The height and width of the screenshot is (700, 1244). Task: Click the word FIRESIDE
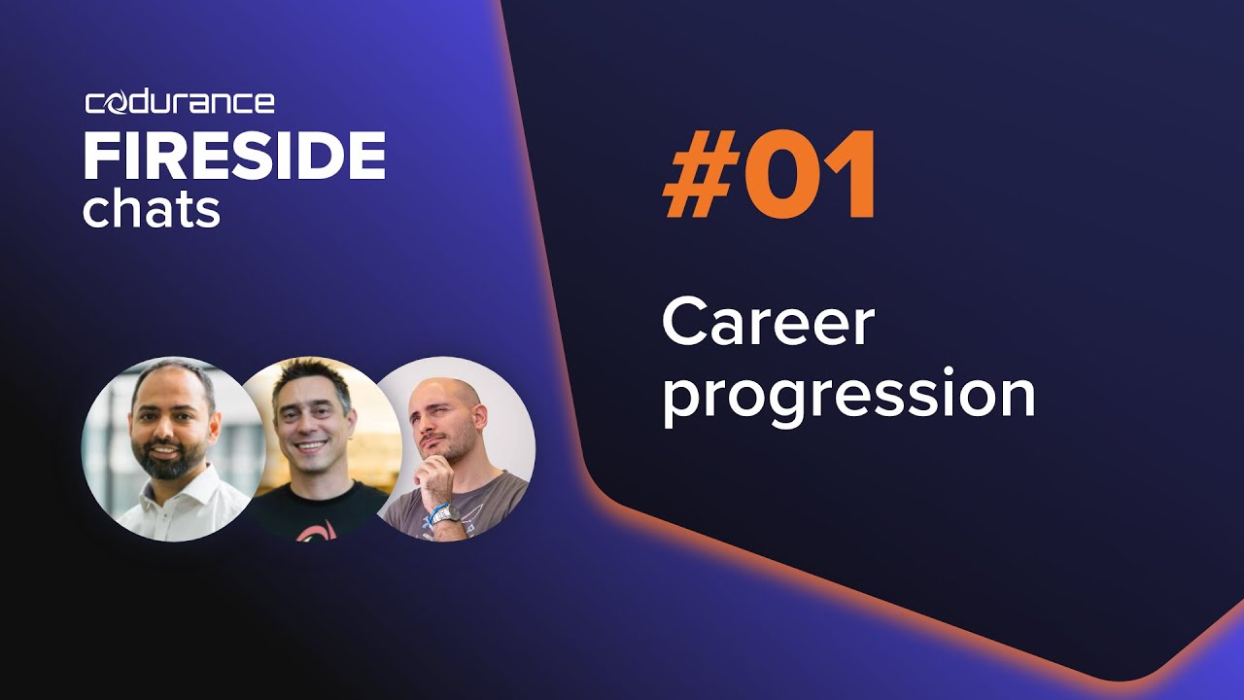point(234,156)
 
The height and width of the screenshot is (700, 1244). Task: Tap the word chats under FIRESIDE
point(151,209)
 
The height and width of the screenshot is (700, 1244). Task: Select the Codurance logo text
point(180,102)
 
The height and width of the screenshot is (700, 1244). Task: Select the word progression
point(847,397)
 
